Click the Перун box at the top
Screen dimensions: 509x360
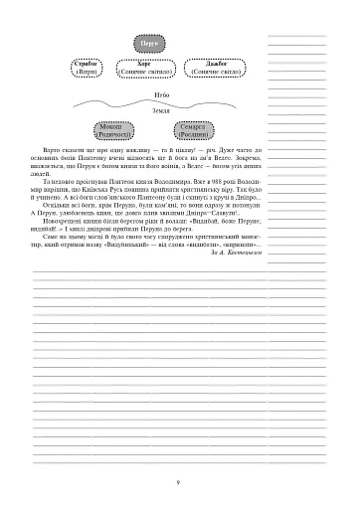[146, 45]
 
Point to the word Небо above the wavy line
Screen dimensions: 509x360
[146, 92]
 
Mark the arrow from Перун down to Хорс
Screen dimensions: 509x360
[146, 56]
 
